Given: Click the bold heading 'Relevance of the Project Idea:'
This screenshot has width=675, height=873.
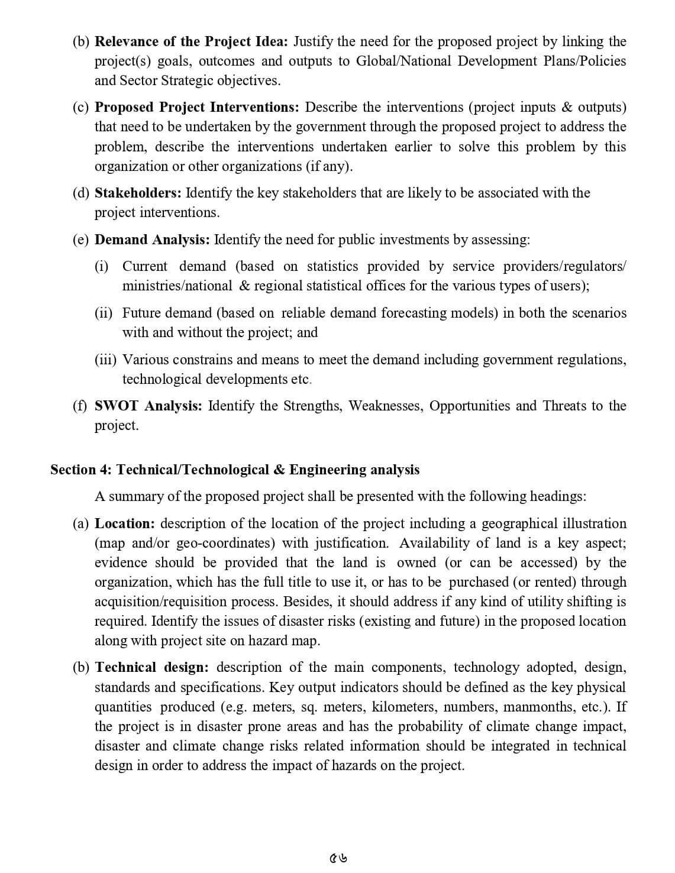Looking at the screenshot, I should click(x=191, y=41).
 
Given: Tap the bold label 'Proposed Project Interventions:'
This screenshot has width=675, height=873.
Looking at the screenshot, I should click(x=197, y=107).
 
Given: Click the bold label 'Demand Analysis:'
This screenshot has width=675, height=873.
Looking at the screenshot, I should click(x=152, y=240).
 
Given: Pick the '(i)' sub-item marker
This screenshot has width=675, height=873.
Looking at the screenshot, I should click(x=102, y=266).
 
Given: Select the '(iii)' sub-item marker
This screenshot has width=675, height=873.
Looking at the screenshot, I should click(x=106, y=360).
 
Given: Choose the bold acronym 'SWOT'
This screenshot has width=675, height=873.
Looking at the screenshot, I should click(x=116, y=406).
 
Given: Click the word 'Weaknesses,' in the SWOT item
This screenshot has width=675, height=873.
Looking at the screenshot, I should click(x=386, y=406).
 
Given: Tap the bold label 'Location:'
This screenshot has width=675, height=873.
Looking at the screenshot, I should click(x=125, y=523).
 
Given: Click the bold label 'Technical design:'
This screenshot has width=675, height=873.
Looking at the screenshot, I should click(x=151, y=667).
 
